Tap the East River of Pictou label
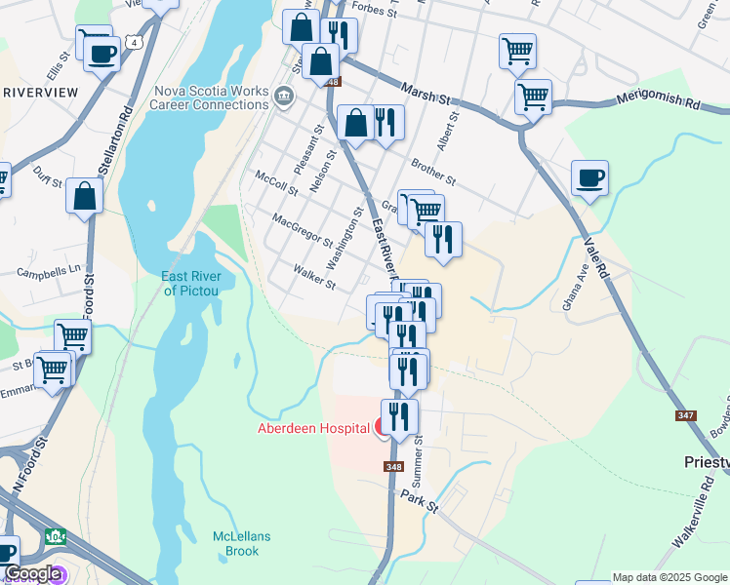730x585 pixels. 191,283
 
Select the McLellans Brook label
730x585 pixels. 236,544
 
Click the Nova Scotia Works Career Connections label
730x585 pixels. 209,97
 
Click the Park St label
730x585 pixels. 421,501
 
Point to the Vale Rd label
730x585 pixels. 596,254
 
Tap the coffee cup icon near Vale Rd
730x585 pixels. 589,179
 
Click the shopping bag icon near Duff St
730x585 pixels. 85,196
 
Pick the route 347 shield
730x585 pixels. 685,416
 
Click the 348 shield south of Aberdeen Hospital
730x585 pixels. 393,467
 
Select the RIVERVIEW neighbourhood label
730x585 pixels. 41,92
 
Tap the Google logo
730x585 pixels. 31,574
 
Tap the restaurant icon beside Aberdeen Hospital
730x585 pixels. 399,417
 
